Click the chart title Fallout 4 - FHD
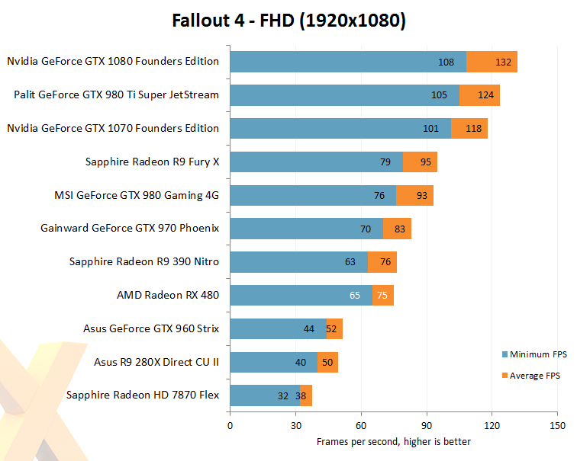(233, 21)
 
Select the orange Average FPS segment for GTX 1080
(492, 62)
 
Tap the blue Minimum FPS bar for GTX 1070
(340, 128)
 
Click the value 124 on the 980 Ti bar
(485, 95)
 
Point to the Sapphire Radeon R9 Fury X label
(152, 162)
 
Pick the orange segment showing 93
(414, 195)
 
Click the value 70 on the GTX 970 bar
(366, 229)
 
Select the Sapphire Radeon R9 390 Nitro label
(144, 261)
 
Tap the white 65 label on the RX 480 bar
(355, 296)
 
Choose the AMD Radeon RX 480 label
(168, 295)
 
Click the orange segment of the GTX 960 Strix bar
(334, 328)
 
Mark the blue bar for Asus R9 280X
(274, 362)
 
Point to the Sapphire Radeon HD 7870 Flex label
(143, 395)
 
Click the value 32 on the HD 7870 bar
(283, 396)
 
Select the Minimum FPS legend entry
(534, 354)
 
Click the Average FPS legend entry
(531, 376)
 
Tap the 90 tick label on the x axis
(427, 426)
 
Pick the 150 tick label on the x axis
(557, 426)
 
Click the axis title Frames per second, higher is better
(393, 441)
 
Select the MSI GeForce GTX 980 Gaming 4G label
(137, 195)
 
